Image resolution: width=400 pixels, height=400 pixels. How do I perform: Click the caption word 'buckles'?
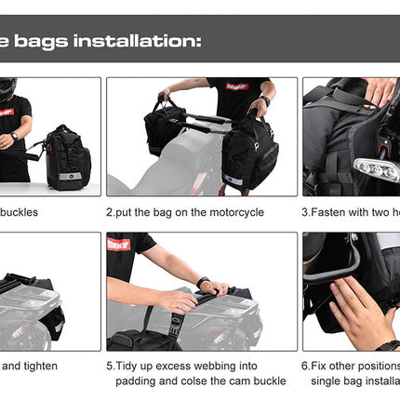tap(19, 212)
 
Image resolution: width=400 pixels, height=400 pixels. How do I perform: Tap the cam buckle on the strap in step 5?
tap(175, 327)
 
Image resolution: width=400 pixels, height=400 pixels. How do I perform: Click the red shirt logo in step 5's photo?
tap(116, 245)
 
